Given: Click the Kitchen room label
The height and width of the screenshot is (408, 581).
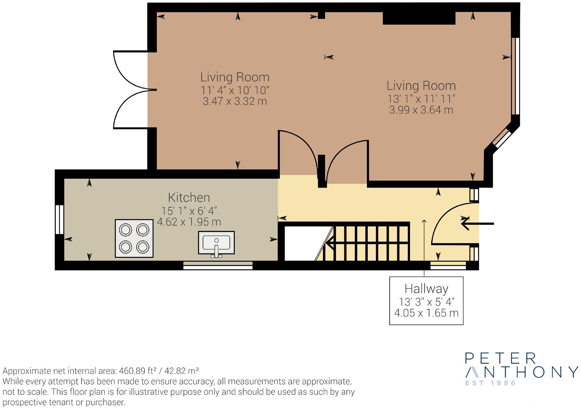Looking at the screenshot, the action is [189, 198].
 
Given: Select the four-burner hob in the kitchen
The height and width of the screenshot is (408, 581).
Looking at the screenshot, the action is [134, 238].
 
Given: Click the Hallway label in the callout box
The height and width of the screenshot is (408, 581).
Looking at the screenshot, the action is [426, 289].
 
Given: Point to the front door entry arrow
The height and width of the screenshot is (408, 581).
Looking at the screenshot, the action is [477, 224].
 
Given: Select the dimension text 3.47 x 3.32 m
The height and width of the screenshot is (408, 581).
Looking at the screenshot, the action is [235, 101].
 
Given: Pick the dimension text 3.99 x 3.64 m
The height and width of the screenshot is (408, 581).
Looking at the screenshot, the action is [421, 110].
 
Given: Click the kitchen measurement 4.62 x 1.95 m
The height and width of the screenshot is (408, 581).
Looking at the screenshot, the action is [189, 222].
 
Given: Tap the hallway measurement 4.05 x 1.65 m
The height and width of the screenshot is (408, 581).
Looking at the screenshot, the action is [426, 313].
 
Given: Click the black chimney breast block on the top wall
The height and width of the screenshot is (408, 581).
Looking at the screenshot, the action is [419, 18].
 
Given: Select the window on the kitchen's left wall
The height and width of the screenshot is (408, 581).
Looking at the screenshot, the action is [60, 220].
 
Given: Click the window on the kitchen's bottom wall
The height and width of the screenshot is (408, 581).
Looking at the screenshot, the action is [218, 265].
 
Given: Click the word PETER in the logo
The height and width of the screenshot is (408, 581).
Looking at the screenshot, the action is [501, 358].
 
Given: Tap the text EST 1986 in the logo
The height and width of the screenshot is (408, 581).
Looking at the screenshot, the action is [490, 383].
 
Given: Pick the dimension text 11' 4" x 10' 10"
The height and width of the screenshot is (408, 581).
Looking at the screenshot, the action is [235, 90].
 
